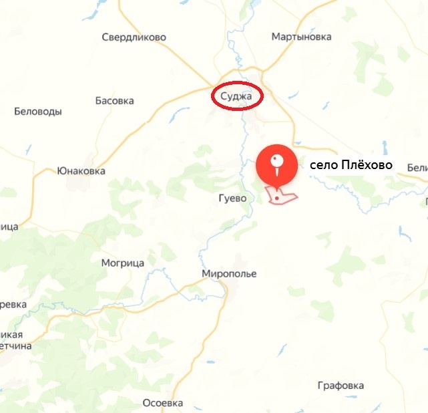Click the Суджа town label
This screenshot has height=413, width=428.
tap(237, 97)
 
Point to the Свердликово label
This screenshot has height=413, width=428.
tap(134, 37)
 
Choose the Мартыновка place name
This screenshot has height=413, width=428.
tap(302, 37)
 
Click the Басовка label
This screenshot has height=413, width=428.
tap(114, 101)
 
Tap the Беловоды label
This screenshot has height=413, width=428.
tap(38, 112)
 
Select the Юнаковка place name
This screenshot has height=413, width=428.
tap(81, 170)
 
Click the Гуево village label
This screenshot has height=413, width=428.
tap(232, 198)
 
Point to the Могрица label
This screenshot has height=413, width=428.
tap(123, 263)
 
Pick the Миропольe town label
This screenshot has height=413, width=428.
tap(229, 274)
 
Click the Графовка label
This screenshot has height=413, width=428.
tap(341, 386)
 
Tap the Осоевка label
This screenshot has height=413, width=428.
tap(163, 403)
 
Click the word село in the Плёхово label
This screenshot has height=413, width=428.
tap(322, 164)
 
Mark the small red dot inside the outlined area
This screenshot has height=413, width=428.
tap(276, 198)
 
